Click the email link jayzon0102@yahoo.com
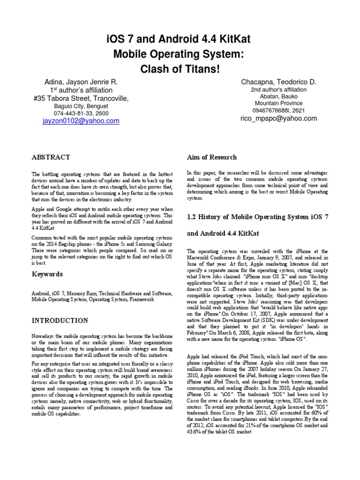coord(81,121)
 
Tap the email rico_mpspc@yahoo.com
coord(278,119)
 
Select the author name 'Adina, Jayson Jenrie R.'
coord(81,82)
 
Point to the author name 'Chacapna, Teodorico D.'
coord(278,82)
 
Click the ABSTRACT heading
coord(51,157)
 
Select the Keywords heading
coord(47,274)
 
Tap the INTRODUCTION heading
coord(60,321)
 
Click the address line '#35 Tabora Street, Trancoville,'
coord(81,98)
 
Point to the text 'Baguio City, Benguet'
coord(81,106)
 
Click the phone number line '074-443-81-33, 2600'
coord(81,113)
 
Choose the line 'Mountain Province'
coord(278,104)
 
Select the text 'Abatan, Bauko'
coord(278,97)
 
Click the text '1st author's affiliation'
coord(81,90)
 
